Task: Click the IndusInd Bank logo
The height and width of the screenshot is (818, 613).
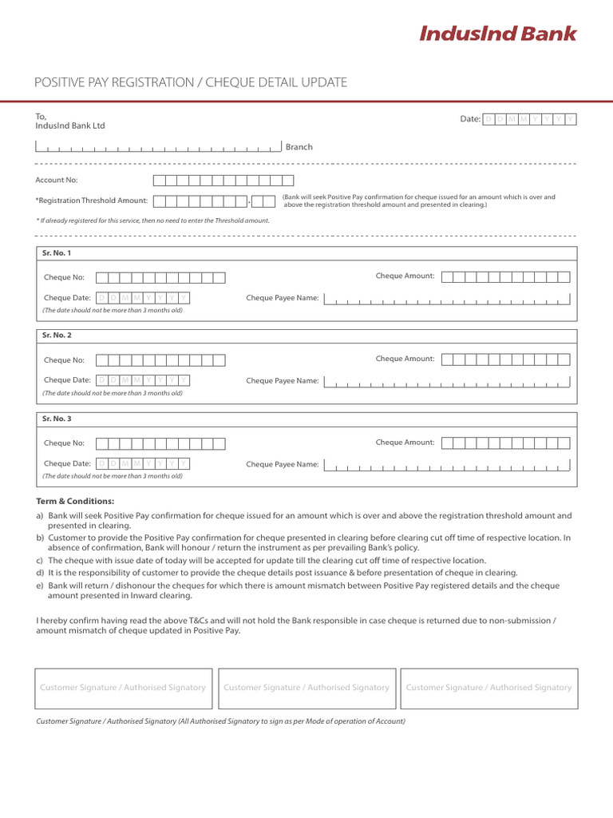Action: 497,34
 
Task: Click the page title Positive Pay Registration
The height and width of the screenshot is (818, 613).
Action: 191,82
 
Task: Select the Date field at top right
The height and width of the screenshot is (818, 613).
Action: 530,119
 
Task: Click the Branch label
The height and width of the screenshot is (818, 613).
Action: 299,147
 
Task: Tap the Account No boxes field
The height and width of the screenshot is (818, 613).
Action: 223,181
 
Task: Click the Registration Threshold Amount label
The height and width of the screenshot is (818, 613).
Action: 92,201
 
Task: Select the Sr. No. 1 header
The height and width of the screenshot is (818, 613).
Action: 57,253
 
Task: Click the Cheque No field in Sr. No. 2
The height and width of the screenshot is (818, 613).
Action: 160,360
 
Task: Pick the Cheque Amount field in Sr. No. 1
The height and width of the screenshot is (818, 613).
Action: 506,276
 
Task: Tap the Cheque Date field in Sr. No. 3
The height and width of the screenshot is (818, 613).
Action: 143,463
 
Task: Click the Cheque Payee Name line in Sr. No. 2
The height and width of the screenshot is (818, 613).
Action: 452,382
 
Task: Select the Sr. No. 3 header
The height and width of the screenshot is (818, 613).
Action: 57,419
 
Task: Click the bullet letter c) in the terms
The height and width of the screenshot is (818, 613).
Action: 40,561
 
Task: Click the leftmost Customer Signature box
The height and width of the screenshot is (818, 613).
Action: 123,688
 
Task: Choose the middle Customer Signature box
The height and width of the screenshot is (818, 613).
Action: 306,688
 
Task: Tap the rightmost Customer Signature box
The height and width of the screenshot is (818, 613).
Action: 488,688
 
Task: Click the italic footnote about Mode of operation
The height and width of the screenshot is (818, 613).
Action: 221,721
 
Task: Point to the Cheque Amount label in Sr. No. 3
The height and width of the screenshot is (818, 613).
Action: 405,443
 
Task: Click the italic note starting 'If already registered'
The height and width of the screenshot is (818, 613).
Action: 152,220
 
